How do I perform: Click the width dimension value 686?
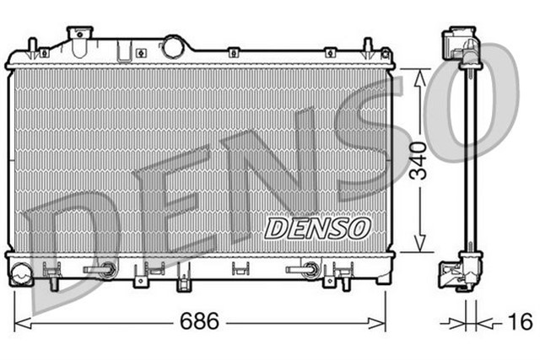[x=199, y=321]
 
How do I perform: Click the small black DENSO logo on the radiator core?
[x=317, y=226]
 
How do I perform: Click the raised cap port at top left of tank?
[x=80, y=36]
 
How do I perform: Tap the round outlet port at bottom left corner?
[x=22, y=271]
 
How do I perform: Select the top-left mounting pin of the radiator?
[x=31, y=46]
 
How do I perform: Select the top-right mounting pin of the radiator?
[x=367, y=46]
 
